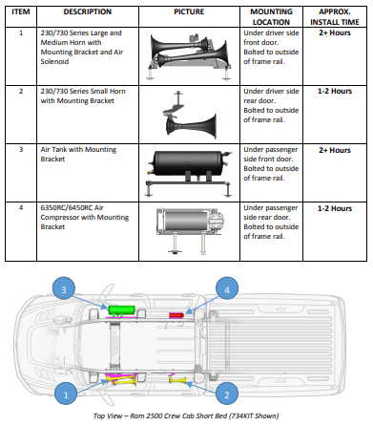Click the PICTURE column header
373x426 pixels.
tap(189, 11)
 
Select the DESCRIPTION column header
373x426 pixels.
tap(88, 11)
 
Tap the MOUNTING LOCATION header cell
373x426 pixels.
tap(271, 17)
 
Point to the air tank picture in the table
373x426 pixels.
tap(189, 172)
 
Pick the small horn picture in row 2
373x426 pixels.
tap(189, 116)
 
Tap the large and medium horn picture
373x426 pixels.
tap(189, 56)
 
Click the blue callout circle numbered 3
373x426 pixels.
tap(64, 289)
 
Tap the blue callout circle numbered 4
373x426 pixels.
tap(227, 289)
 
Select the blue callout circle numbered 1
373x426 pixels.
tap(66, 394)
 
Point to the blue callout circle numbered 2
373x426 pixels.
tap(227, 394)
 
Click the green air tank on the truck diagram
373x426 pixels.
tap(121, 310)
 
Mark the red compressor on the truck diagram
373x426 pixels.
tap(176, 315)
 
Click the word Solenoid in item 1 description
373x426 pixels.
tap(54, 61)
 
